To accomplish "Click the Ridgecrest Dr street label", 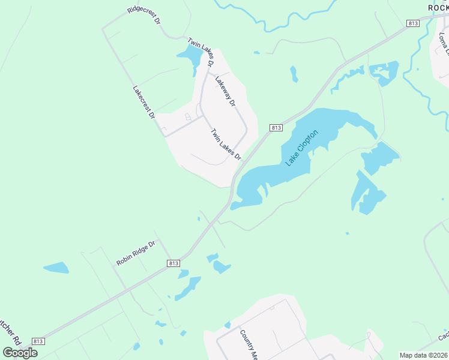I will click(x=144, y=16).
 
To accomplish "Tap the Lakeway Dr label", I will click(x=225, y=92).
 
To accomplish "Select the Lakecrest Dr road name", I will click(x=143, y=101).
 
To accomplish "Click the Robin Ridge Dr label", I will click(x=136, y=253).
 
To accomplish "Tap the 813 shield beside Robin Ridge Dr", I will click(x=173, y=263).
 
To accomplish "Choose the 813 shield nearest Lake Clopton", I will click(x=276, y=128).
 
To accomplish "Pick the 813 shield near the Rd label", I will click(x=38, y=341).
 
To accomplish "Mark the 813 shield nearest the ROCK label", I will click(x=412, y=23).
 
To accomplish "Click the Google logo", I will click(x=20, y=352).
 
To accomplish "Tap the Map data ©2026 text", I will click(x=424, y=355).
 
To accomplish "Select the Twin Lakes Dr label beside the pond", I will click(x=200, y=52).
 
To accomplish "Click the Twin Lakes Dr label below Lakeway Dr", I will click(x=226, y=144).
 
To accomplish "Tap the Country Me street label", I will click(x=248, y=344).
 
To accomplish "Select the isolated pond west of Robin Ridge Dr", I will click(x=56, y=268).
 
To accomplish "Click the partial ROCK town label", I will click(x=438, y=7).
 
